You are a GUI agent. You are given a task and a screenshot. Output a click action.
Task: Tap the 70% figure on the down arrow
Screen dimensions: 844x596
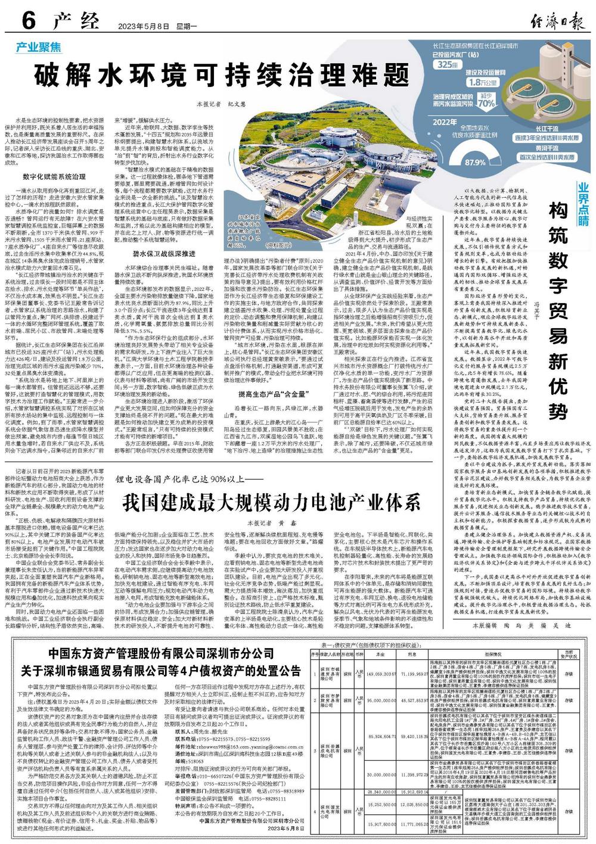click(486, 103)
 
